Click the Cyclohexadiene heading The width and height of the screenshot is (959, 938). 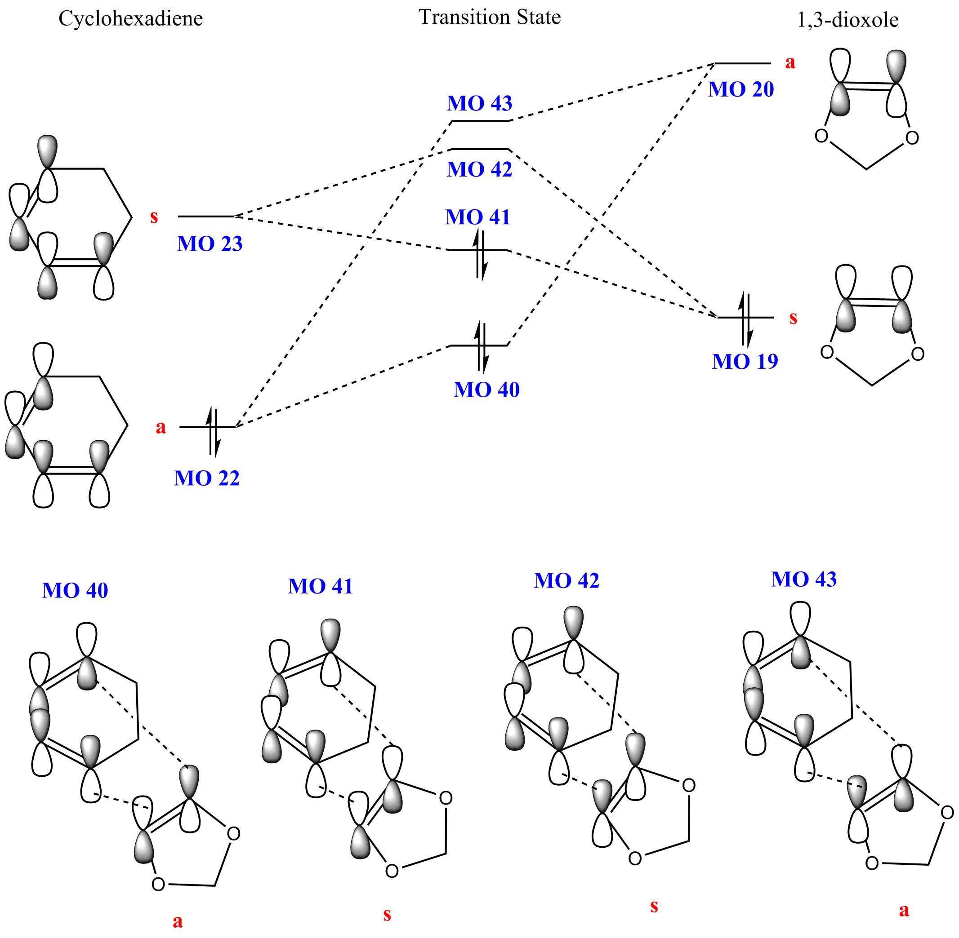tap(131, 19)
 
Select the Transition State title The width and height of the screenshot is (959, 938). tap(489, 17)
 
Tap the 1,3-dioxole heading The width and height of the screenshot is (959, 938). tap(847, 20)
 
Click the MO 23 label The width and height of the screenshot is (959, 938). tap(210, 244)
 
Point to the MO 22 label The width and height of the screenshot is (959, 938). tap(206, 478)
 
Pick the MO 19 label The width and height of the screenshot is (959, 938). tap(745, 362)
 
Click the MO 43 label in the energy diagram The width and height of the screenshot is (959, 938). tap(479, 103)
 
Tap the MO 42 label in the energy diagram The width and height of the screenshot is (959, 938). tap(479, 169)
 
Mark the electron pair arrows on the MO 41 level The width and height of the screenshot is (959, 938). tap(480, 254)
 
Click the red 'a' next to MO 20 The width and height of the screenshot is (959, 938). tap(790, 62)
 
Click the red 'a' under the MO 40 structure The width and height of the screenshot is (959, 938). tap(178, 920)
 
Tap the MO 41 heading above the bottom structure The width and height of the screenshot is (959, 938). tap(321, 586)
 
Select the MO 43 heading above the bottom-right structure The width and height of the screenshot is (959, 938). tap(804, 580)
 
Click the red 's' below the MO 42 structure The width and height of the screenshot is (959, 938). tap(654, 906)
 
